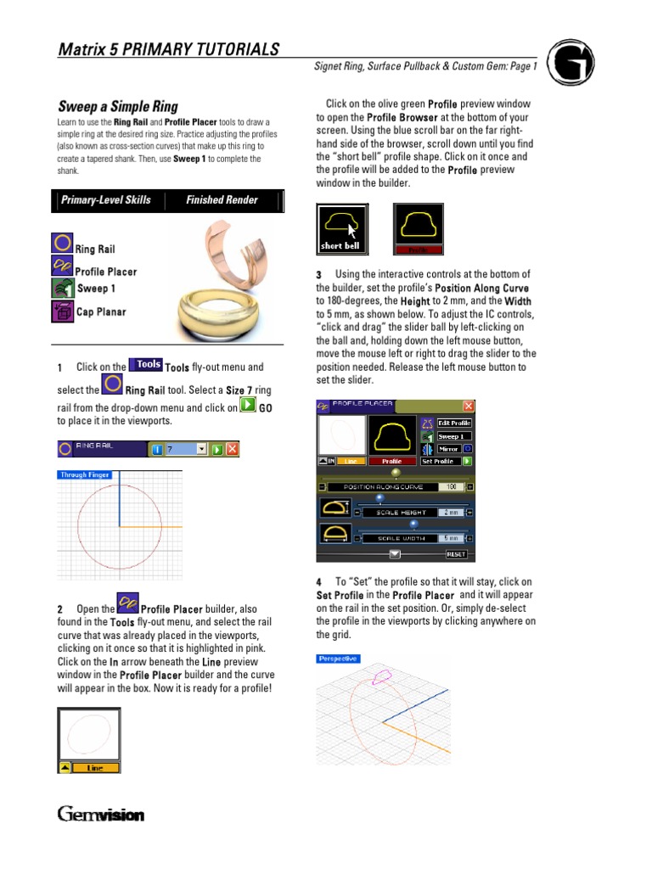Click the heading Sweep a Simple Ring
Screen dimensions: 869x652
click(x=118, y=107)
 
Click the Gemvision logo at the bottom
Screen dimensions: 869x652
click(x=101, y=815)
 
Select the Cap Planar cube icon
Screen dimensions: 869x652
click(x=62, y=311)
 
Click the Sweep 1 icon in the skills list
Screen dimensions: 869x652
click(x=64, y=289)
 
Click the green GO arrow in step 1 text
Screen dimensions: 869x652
click(x=247, y=406)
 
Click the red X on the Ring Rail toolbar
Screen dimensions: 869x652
click(x=232, y=449)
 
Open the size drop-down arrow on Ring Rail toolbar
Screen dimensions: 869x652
click(x=201, y=449)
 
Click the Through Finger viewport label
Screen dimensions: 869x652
click(x=85, y=475)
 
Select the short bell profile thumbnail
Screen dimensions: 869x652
click(x=342, y=227)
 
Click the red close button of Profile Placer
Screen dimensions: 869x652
click(x=468, y=406)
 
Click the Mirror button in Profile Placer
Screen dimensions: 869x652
click(x=448, y=449)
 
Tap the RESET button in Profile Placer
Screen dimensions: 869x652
click(x=457, y=554)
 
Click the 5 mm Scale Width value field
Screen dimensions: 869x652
click(x=451, y=538)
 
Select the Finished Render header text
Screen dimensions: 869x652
click(x=222, y=200)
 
